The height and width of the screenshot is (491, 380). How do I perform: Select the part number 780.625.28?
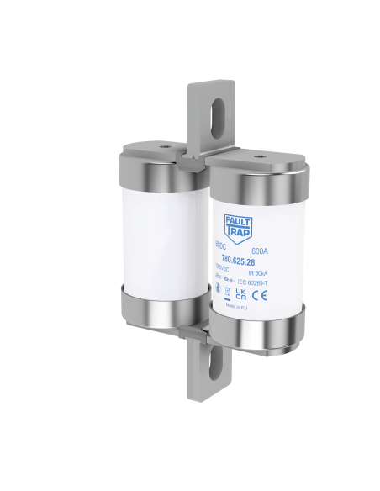pos(238,261)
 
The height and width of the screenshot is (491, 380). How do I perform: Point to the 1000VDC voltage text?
pos(223,269)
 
